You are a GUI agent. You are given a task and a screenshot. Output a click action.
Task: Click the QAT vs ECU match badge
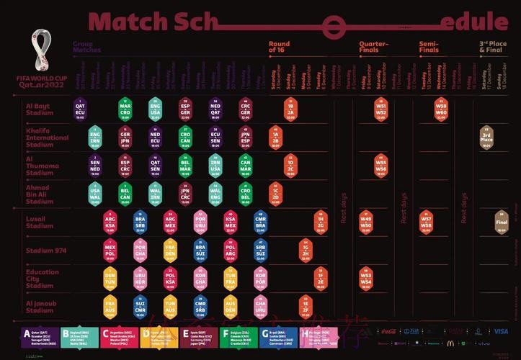coord(80,109)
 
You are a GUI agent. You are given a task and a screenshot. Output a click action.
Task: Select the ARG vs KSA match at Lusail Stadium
coord(110,220)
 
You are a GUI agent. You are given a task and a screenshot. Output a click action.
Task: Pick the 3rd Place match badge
coord(487,136)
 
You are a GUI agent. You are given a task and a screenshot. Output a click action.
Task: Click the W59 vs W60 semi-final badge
coord(441,109)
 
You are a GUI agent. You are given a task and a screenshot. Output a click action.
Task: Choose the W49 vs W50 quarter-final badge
coord(366,220)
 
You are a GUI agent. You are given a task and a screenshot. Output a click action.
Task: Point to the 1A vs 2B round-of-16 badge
coord(275,136)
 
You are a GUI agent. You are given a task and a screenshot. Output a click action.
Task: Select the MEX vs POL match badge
coord(110,249)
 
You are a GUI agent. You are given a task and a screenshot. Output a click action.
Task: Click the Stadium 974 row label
coord(46,251)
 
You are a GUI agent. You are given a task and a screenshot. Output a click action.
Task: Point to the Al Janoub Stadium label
coord(41,307)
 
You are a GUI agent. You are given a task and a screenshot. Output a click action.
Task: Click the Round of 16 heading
coord(279,47)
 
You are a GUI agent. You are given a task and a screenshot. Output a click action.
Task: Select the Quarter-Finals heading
coord(374,47)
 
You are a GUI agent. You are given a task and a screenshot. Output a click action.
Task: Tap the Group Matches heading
coord(86,47)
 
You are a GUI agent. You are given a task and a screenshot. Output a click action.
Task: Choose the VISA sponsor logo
coord(500,332)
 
